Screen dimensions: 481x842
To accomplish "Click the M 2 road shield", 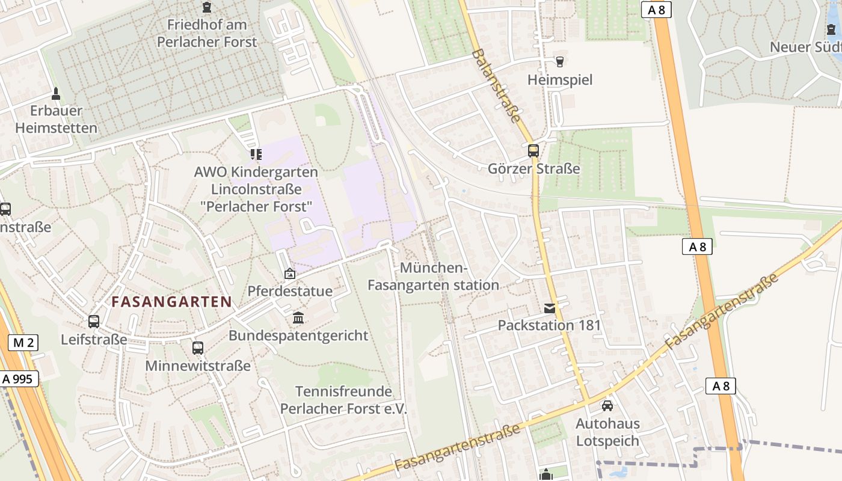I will pos(23,343).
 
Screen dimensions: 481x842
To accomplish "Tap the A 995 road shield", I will pos(20,379).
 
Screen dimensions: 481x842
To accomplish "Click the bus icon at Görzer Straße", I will pos(533,150).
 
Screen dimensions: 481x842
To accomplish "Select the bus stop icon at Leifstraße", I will pos(94,322).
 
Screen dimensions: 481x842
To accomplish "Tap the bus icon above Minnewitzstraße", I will pos(198,348).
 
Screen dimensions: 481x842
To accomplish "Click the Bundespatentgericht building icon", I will pos(298,317).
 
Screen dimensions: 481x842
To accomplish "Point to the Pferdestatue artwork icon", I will pos(290,274).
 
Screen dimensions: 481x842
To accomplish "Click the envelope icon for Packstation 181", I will pos(550,308).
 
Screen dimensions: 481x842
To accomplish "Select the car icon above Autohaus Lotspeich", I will pos(607,406).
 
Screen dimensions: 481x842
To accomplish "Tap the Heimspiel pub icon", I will pos(560,61).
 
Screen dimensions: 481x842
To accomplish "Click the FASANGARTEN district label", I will pos(172,302).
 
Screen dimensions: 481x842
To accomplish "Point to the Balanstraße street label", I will pos(497,85).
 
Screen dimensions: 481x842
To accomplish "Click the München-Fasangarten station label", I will pos(433,277).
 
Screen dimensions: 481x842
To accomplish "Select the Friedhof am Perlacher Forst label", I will pos(206,34).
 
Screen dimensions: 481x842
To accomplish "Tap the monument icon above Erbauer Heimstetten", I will pos(56,93).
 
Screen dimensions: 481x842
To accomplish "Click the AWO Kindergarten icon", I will pos(256,155).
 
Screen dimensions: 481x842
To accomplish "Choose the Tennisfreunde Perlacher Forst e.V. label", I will pos(343,400).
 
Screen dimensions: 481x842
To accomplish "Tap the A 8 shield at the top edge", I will pos(656,10).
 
